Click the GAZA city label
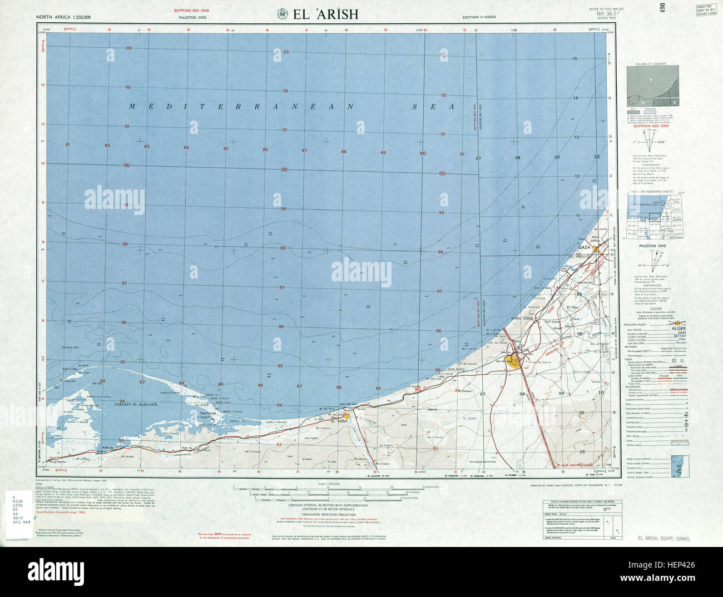pos(584,247)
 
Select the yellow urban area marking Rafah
pos(517,364)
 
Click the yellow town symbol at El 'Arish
pos(346,415)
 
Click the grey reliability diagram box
pos(652,86)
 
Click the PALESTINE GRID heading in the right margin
pos(652,245)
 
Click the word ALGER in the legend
pos(679,329)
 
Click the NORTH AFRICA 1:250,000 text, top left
pos(64,17)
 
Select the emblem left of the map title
pos(282,14)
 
